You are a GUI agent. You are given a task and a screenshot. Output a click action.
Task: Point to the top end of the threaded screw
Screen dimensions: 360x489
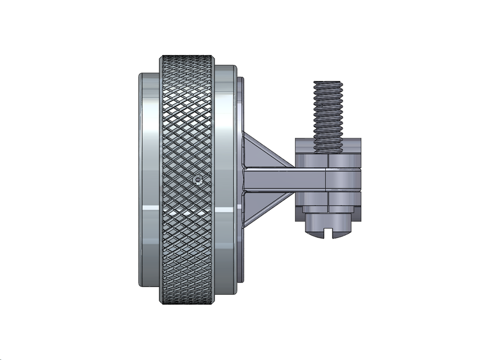coord(327,83)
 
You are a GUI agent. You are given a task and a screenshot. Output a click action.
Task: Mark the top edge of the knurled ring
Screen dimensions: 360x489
coord(187,57)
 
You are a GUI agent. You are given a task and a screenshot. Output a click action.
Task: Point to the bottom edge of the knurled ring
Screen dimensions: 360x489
coord(187,303)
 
